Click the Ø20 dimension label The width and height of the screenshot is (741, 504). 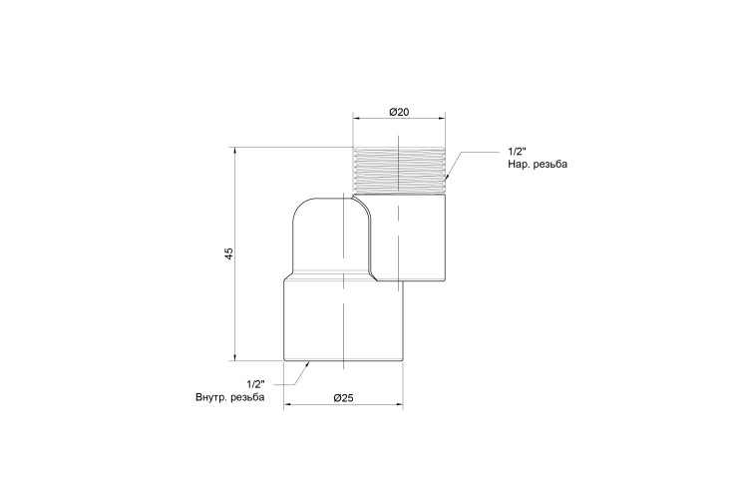coord(399,112)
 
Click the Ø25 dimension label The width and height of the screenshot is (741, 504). coord(343,398)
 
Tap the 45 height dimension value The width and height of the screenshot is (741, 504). coord(229,253)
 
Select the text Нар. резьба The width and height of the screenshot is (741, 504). coord(538,165)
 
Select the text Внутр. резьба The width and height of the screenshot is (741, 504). coord(230,397)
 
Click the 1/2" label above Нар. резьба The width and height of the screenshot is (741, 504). coord(517,152)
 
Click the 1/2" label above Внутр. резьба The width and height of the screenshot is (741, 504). coord(255,383)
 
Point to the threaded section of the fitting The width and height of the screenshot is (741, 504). coord(399,170)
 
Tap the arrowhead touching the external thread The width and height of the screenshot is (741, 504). coord(446,178)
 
